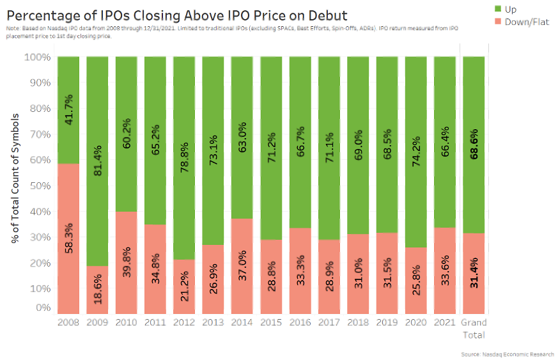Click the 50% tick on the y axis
pos(38,186)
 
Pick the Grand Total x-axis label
pos(473,327)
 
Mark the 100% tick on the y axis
pos(36,58)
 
